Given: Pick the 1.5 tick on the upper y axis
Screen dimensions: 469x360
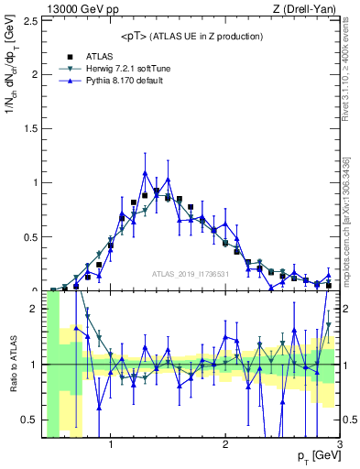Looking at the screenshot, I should tap(33, 128).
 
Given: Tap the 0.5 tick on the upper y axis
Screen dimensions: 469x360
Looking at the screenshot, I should tap(33, 236).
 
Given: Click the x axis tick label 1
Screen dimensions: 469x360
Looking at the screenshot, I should tap(111, 445).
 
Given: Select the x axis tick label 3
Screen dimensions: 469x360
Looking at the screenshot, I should tap(339, 445).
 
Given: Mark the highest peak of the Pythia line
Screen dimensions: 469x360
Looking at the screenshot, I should tap(145, 172).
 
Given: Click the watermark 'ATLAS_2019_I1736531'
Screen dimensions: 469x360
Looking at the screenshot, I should tap(191, 273).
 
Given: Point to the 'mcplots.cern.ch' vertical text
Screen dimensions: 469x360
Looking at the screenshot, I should tap(352, 229).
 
